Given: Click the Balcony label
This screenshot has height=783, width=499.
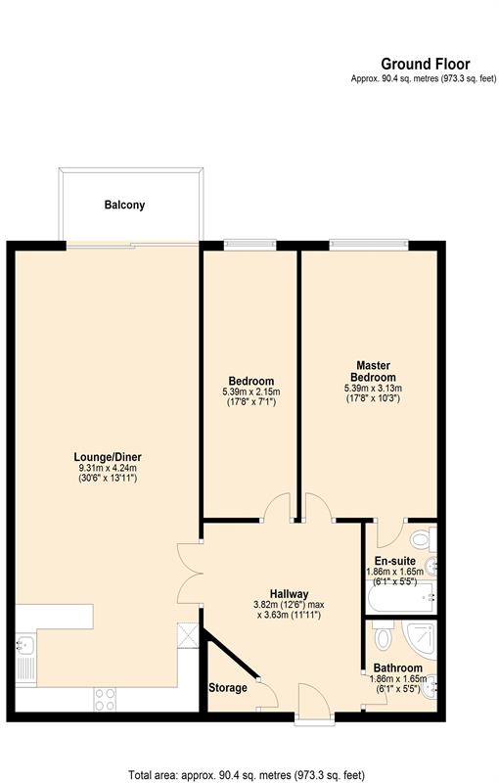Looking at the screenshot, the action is pos(124,205).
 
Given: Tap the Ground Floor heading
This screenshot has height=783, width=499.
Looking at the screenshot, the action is pos(426,64).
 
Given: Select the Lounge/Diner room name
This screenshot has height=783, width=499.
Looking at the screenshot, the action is pos(108,457).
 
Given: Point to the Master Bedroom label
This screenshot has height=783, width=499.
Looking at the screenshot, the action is pos(373,372).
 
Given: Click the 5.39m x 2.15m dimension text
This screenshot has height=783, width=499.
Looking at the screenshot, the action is pos(251,391).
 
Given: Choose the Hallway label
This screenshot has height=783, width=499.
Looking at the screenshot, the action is pos(289,594).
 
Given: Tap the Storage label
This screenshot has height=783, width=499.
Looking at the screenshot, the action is pos(228,688).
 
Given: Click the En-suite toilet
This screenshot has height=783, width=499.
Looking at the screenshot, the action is pos(423,539).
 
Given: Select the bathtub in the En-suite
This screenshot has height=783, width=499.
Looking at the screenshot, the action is pos(401,597).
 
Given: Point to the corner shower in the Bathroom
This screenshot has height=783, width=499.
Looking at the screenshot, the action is pos(420,639).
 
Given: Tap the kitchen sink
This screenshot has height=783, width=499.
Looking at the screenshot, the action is pos(25,658).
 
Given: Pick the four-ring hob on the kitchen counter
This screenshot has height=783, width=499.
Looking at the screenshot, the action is pos(105,699).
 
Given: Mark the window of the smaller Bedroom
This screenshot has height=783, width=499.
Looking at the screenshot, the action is pos(250,245).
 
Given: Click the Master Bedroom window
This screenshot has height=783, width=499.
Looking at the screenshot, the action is pos(369,245).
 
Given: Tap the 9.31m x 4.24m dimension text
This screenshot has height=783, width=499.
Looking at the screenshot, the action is pos(106,469).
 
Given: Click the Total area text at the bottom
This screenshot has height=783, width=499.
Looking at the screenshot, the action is pos(247,775).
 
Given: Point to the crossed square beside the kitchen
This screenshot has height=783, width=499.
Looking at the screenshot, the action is pos(188,633).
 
